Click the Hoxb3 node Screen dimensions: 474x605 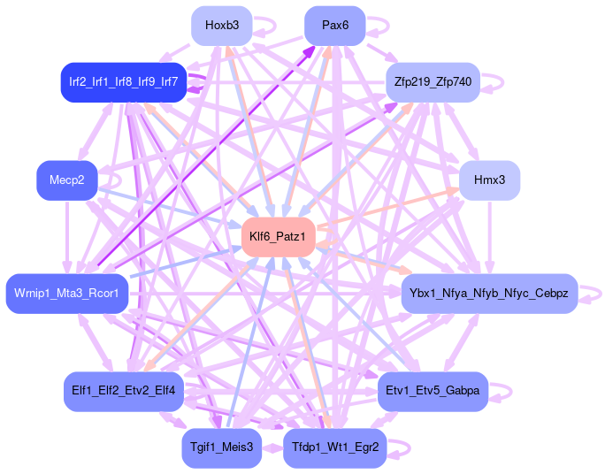(222, 26)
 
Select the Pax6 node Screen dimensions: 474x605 (334, 26)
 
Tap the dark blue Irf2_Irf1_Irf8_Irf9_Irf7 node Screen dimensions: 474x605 (123, 82)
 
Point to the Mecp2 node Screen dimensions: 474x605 (67, 180)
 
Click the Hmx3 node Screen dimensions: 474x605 (489, 180)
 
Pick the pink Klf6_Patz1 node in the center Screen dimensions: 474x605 (278, 236)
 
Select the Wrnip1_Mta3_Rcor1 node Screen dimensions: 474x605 (67, 293)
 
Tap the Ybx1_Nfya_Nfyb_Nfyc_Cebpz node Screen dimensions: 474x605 (489, 293)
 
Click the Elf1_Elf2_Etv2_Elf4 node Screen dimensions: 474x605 (123, 391)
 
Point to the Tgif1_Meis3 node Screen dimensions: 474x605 (221, 447)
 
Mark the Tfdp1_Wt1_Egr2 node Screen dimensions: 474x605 (334, 447)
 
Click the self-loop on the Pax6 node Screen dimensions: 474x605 (379, 25)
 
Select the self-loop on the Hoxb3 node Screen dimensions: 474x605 (266, 25)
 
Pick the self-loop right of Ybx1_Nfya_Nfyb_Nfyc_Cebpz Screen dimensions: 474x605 (592, 293)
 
